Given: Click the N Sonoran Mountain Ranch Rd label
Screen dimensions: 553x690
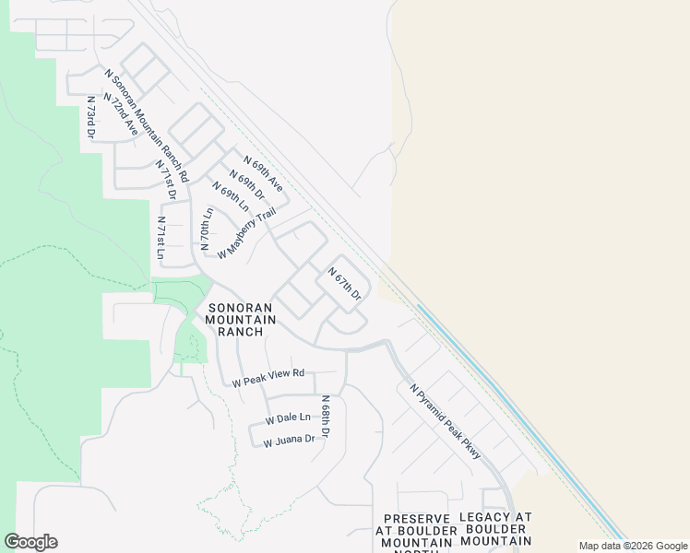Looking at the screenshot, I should point(147,125).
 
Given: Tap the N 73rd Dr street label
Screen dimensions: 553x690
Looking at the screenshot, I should point(91,117).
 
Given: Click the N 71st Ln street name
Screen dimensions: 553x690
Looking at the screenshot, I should point(161,239).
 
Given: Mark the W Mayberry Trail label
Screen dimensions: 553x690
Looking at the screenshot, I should point(247,232).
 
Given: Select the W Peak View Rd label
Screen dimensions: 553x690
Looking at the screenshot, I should point(268,376).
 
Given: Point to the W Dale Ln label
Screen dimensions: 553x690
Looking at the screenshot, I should point(288,418).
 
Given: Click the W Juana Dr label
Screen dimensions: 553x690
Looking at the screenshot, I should point(289,441).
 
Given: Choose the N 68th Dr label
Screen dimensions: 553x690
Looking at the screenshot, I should point(325,416).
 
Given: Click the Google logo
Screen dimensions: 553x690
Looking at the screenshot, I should point(30,542).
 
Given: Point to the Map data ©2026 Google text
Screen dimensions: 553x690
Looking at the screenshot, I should point(633,546).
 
